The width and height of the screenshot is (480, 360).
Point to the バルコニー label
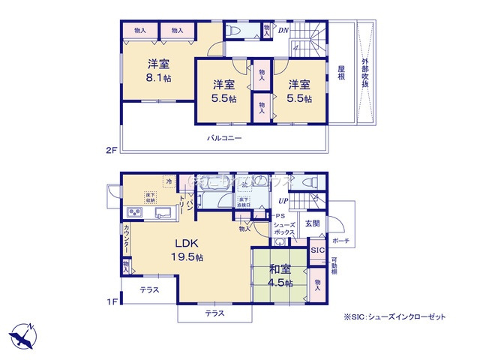click(224, 138)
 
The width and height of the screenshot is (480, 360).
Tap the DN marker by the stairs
click(283, 30)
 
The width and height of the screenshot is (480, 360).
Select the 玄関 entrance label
click(312, 223)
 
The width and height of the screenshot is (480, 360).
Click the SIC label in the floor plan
click(316, 249)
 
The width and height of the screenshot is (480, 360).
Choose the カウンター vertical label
click(126, 239)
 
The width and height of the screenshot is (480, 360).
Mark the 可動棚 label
click(334, 267)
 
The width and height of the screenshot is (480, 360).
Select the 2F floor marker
click(111, 150)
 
